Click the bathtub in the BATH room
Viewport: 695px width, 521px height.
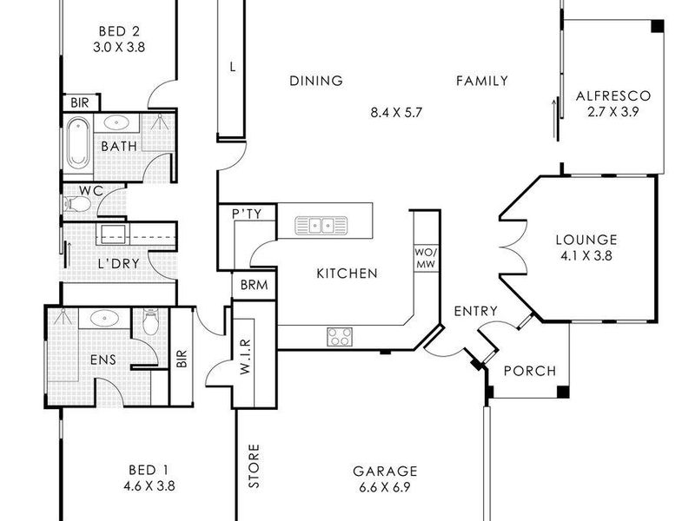(77, 142)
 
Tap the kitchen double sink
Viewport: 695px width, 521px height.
(321, 226)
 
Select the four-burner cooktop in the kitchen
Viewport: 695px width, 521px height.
(340, 337)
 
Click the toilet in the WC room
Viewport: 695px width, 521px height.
(78, 204)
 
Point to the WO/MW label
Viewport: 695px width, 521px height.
(426, 258)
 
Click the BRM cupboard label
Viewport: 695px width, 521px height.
(254, 285)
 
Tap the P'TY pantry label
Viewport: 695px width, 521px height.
(247, 214)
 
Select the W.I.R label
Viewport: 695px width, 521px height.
(246, 357)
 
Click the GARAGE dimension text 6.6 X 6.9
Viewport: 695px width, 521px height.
(385, 488)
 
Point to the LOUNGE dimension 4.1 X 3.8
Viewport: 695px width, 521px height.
(586, 256)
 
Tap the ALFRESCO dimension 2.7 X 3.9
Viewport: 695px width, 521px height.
(613, 112)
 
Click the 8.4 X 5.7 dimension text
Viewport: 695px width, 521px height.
(396, 113)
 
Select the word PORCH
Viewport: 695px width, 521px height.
(530, 371)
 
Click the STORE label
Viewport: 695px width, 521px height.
(254, 466)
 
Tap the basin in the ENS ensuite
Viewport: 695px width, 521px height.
(104, 318)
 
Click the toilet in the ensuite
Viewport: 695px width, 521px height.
(150, 322)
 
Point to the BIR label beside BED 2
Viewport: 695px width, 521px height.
(80, 103)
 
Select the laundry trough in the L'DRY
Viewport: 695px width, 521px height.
(113, 234)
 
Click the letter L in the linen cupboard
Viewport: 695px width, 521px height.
(233, 68)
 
